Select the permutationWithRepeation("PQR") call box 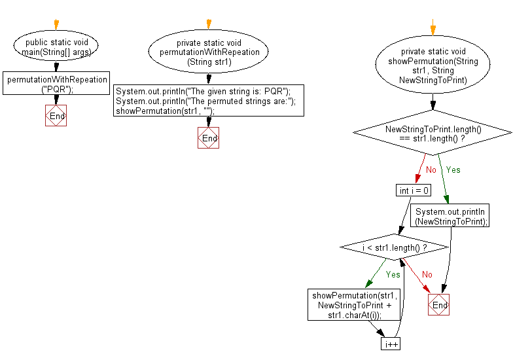click(56, 84)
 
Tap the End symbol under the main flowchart click(56, 116)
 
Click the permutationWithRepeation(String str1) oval click(209, 52)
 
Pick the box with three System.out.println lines click(209, 101)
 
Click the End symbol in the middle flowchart click(209, 138)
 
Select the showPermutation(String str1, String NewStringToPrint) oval click(433, 65)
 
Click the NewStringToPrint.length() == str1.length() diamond click(433, 134)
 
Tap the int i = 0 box click(414, 190)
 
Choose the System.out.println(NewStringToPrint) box click(451, 217)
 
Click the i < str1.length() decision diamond click(395, 248)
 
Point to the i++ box click(391, 344)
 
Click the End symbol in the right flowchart click(439, 305)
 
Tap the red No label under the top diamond click(431, 170)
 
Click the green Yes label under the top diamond click(453, 170)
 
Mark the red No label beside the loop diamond click(427, 275)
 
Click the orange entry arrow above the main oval click(56, 25)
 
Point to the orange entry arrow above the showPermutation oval click(433, 29)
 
